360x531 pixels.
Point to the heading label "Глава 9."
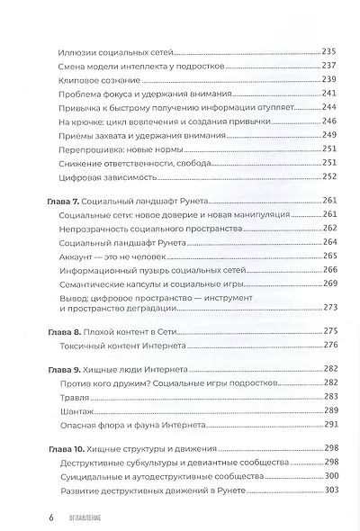[69, 369]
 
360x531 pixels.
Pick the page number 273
[327, 306]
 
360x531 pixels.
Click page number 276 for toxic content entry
[327, 345]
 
